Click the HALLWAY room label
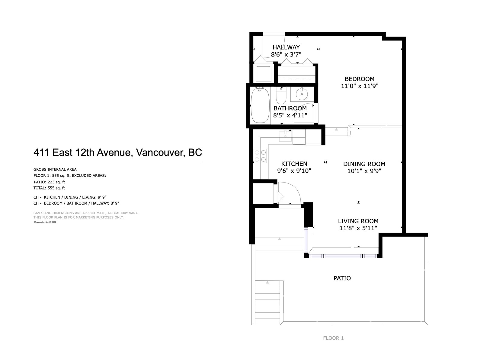[286, 47]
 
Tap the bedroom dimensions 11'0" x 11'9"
[359, 86]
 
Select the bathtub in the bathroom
[260, 105]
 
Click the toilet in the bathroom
[281, 95]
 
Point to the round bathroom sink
[302, 94]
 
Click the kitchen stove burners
[260, 156]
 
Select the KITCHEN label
[294, 164]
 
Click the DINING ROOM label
[364, 164]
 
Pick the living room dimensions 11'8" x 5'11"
[358, 228]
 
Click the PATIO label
[342, 278]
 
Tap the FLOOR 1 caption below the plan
[333, 338]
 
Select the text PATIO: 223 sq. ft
[50, 182]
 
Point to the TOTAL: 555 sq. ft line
[49, 188]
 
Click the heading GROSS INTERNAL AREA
[55, 170]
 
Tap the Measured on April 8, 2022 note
[45, 222]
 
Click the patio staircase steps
[267, 303]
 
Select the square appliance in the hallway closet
[264, 73]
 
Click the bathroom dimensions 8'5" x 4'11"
[290, 115]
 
